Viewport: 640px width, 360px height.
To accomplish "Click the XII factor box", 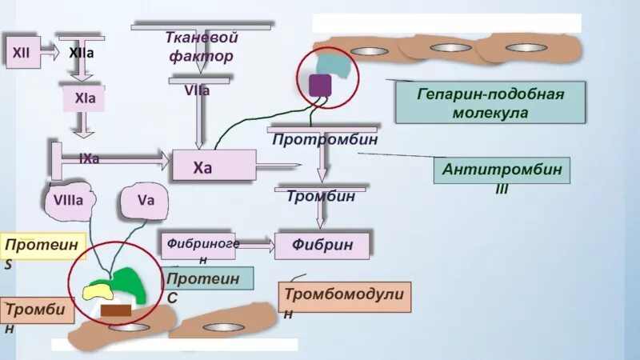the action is tap(21, 52).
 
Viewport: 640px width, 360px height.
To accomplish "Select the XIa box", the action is tap(84, 100).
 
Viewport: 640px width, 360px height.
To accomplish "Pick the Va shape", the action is tap(145, 202).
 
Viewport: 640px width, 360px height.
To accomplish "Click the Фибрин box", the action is tap(322, 244).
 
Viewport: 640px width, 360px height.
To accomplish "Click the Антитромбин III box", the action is tap(502, 170).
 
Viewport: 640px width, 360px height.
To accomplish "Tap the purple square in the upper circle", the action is tap(320, 84).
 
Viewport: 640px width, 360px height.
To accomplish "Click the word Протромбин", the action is tap(324, 139).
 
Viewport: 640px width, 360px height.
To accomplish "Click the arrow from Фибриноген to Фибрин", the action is tap(255, 242).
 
